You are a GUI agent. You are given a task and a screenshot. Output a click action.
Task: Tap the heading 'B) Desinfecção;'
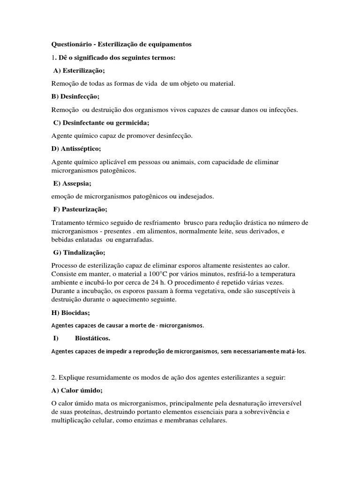coord(75,97)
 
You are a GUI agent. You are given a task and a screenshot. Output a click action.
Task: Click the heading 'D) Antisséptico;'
coord(76,149)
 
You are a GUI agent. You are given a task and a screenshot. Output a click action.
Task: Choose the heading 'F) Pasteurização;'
coord(80,209)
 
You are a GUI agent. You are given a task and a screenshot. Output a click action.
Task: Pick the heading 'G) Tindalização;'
coord(79,253)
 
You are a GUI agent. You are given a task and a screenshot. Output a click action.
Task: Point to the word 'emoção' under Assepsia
coord(63,196)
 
